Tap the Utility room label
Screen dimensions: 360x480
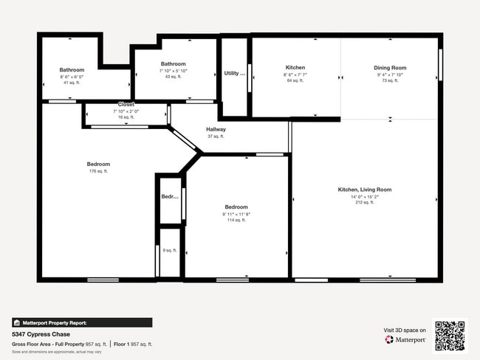pyautogui.click(x=234, y=73)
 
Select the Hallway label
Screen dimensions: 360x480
pyautogui.click(x=216, y=130)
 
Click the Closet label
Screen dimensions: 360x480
pyautogui.click(x=126, y=105)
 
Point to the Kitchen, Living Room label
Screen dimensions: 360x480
pyautogui.click(x=364, y=190)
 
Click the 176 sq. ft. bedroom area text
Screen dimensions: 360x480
pyautogui.click(x=98, y=171)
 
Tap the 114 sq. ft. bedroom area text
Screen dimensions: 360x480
pyautogui.click(x=236, y=220)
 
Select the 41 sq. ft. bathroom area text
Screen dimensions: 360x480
pyautogui.click(x=72, y=83)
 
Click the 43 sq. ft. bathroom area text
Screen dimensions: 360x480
pyautogui.click(x=173, y=77)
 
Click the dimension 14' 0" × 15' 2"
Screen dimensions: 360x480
pyautogui.click(x=364, y=196)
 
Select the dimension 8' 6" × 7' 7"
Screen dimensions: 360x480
pyautogui.click(x=295, y=75)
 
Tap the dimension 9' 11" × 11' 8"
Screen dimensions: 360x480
pyautogui.click(x=236, y=214)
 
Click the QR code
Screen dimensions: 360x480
pyautogui.click(x=450, y=336)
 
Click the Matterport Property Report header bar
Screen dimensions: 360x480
pyautogui.click(x=81, y=322)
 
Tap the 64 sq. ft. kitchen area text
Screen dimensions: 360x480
pyautogui.click(x=295, y=80)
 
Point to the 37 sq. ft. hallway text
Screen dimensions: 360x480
pyautogui.click(x=216, y=136)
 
